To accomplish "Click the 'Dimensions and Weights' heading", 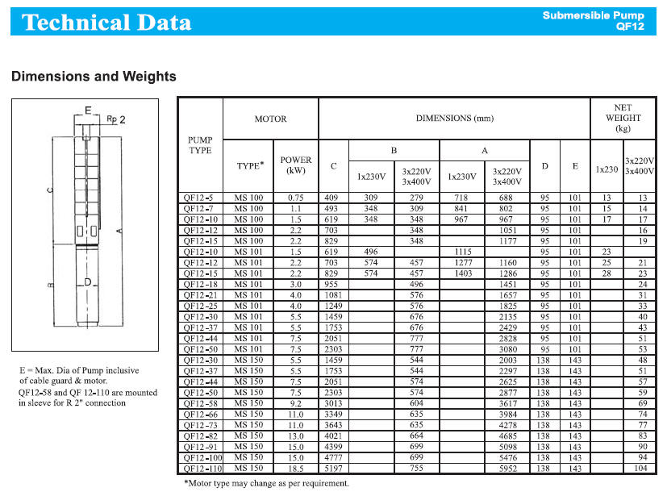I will pyautogui.click(x=94, y=77).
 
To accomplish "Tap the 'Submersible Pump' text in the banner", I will pyautogui.click(x=593, y=15).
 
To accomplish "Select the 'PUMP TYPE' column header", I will pyautogui.click(x=199, y=145).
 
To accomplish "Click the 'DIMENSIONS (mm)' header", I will pyautogui.click(x=454, y=119).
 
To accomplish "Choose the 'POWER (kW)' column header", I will pyautogui.click(x=295, y=165).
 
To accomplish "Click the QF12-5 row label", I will pyautogui.click(x=198, y=198).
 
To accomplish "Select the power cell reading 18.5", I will pyautogui.click(x=295, y=468).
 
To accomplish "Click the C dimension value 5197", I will pyautogui.click(x=332, y=468).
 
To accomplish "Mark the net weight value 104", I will pyautogui.click(x=642, y=468).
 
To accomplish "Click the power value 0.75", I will pyautogui.click(x=295, y=198).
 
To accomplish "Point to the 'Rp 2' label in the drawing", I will pyautogui.click(x=118, y=119).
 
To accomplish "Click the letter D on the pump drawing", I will pyautogui.click(x=88, y=282).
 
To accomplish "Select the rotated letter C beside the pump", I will pyautogui.click(x=50, y=191).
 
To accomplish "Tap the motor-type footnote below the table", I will pyautogui.click(x=267, y=484).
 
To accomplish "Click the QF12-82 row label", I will pyautogui.click(x=198, y=436).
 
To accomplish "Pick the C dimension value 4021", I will pyautogui.click(x=332, y=436).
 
